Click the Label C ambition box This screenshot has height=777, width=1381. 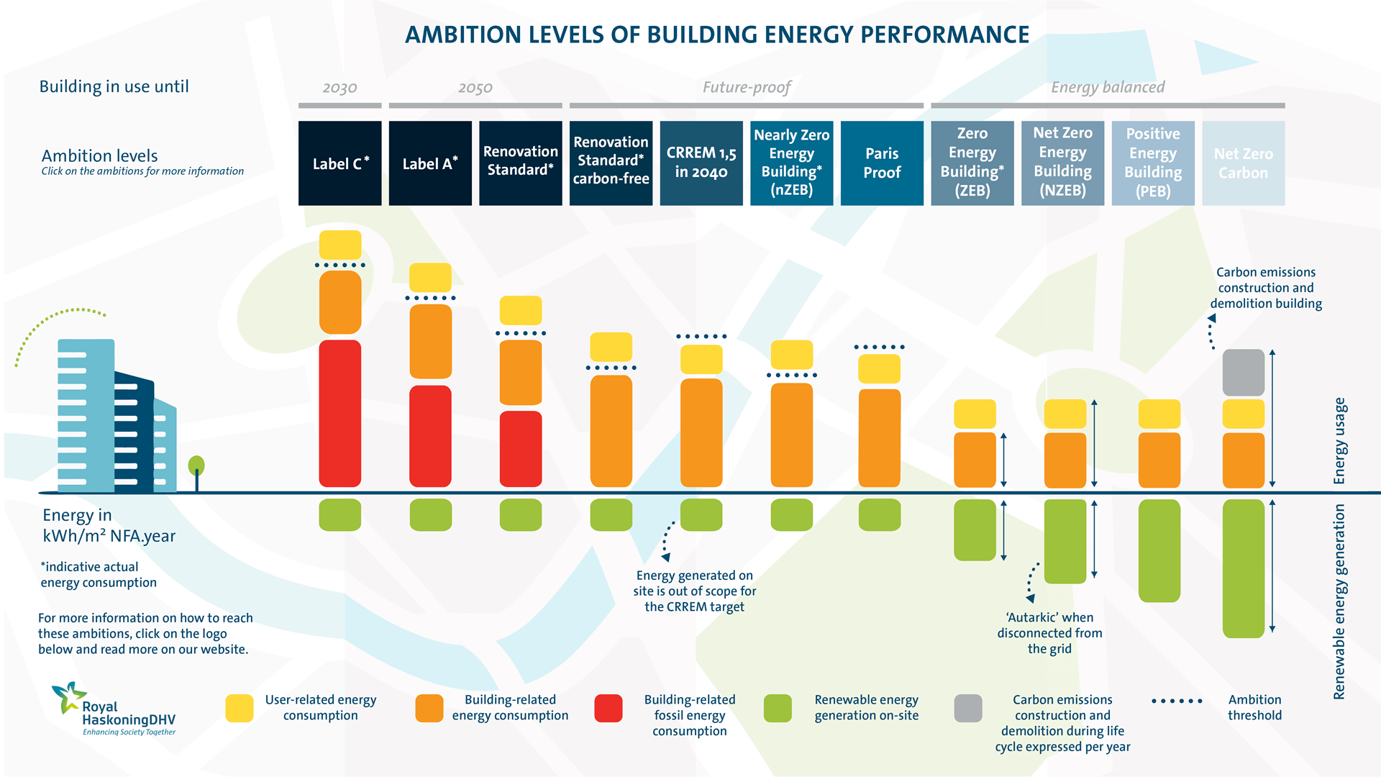[339, 163]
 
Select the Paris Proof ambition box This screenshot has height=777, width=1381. [882, 163]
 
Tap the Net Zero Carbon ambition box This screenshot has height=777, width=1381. [1243, 163]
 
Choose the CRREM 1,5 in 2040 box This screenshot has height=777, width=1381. [701, 163]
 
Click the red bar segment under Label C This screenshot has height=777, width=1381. [339, 414]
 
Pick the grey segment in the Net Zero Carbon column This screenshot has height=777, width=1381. [1243, 373]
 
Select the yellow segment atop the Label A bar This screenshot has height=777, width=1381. [430, 278]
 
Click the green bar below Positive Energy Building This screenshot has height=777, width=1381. [1159, 550]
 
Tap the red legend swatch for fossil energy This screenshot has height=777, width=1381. [609, 708]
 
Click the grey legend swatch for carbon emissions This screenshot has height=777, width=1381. [967, 708]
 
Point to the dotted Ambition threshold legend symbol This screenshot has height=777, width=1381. [1177, 701]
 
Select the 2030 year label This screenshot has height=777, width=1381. [339, 88]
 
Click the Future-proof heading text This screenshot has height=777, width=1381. [746, 88]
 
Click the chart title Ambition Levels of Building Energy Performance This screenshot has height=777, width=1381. [717, 35]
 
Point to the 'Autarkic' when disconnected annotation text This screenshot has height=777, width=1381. [1049, 633]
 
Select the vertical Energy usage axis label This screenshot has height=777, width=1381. [1339, 440]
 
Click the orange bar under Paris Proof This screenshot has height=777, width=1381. [879, 437]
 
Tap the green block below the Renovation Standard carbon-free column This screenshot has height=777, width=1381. [611, 515]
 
